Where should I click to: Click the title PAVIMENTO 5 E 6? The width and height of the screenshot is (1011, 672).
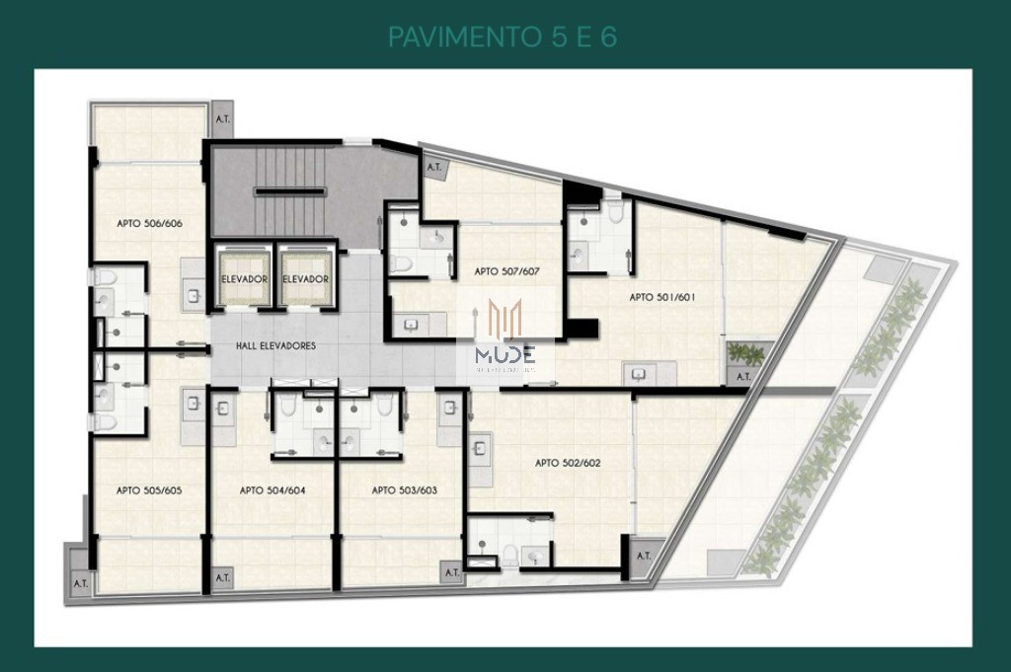point(504,37)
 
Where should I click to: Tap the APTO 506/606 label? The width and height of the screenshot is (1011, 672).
point(149,223)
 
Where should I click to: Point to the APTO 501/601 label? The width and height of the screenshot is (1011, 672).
point(663,297)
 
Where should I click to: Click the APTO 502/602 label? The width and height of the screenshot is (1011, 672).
point(568,462)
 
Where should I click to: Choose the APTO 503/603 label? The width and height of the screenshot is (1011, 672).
point(404,489)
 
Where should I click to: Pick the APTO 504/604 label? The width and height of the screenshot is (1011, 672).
point(272,489)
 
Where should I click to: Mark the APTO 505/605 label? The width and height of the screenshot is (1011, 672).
point(149,489)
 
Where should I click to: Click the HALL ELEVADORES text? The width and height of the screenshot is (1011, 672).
point(276,346)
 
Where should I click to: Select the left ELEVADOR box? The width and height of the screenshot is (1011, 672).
point(244,278)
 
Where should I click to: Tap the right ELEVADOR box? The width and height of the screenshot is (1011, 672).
point(306,278)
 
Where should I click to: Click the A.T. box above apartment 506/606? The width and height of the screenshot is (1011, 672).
point(223,119)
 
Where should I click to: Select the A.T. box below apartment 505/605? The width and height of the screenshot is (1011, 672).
point(80,582)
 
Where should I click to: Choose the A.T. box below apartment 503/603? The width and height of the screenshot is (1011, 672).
point(452,571)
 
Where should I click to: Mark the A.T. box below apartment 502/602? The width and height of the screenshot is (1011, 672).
point(644,556)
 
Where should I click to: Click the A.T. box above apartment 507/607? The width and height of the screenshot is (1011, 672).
point(433,167)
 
